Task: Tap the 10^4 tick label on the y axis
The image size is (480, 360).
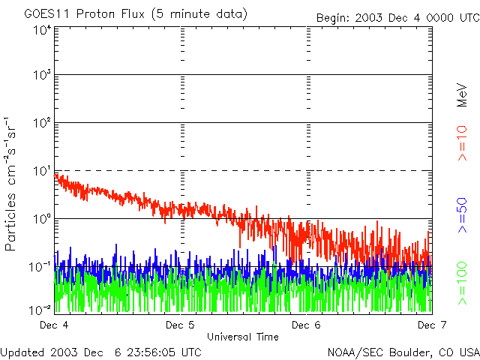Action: click(x=42, y=30)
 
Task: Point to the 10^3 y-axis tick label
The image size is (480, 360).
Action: click(x=42, y=75)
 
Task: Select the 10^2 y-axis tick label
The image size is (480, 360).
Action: click(x=42, y=122)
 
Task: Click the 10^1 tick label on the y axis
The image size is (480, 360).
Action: click(x=42, y=170)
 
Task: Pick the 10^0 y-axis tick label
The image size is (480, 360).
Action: click(x=42, y=218)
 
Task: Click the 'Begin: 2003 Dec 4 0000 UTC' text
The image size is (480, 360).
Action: click(x=397, y=16)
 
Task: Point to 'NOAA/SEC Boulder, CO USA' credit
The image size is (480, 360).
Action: click(x=403, y=352)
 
